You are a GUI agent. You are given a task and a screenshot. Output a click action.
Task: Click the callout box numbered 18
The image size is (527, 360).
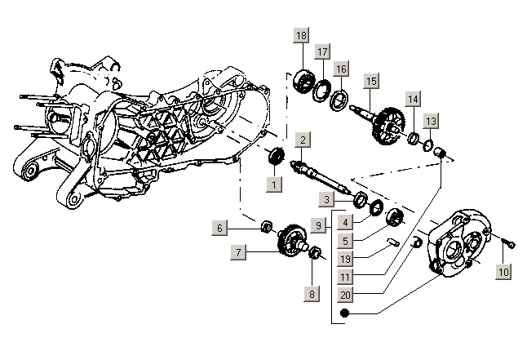[x=302, y=36]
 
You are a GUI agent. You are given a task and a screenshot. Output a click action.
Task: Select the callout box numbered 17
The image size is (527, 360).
[x=323, y=51]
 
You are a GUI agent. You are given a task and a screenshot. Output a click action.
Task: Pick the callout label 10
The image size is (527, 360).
[x=503, y=272]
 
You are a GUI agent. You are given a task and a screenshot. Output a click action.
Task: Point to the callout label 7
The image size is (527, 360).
[x=238, y=254]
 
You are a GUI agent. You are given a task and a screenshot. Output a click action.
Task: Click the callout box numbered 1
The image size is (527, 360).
[x=275, y=185]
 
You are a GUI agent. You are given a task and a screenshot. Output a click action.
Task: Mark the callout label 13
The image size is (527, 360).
[x=431, y=122]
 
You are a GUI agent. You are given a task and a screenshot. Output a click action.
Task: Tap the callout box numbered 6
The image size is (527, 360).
[x=219, y=228]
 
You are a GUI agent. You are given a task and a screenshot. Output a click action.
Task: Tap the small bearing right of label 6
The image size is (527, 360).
[x=265, y=226]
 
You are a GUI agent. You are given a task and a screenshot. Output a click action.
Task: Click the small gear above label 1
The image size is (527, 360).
[x=277, y=155]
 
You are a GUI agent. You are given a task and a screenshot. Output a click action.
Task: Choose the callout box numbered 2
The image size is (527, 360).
[x=302, y=140]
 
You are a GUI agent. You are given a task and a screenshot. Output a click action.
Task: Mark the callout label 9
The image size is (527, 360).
[x=321, y=223]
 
